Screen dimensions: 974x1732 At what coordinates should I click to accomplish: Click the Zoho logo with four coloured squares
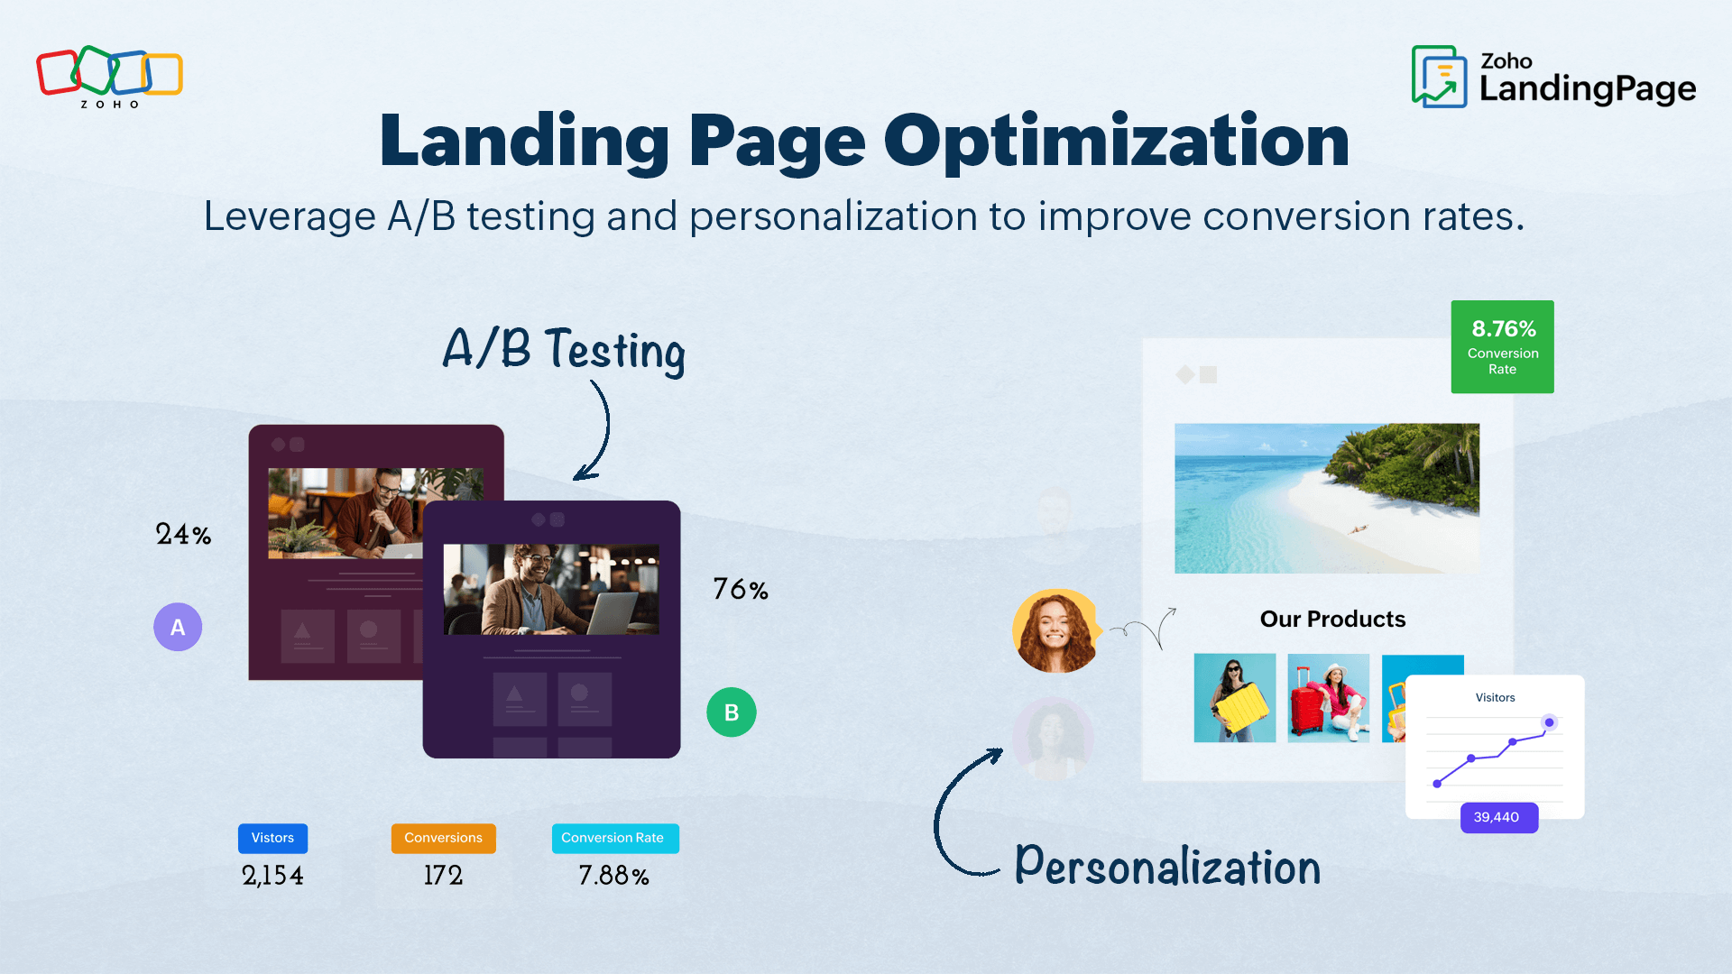(x=109, y=73)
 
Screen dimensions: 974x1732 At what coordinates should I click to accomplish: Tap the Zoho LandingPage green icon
(x=1439, y=77)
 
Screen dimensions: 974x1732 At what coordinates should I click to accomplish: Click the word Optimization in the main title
(x=1116, y=142)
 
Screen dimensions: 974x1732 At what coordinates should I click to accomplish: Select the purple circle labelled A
(x=178, y=627)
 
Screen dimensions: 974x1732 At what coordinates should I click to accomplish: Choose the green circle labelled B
(x=731, y=712)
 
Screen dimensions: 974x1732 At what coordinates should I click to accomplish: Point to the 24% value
(x=183, y=534)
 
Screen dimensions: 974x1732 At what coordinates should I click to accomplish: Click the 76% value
(x=740, y=589)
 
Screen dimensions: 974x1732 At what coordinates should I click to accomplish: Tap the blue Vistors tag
(x=272, y=838)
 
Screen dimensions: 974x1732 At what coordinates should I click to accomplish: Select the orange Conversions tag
(x=443, y=838)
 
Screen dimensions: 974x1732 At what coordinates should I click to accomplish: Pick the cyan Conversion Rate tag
(x=614, y=838)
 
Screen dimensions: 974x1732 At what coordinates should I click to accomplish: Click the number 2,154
(x=272, y=875)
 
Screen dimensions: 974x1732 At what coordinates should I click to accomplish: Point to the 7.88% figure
(x=613, y=875)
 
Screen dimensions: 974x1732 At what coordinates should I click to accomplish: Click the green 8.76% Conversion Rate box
(x=1502, y=346)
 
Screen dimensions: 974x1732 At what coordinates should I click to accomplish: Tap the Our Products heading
(x=1332, y=619)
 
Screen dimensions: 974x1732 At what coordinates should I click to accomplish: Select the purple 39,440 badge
(x=1497, y=817)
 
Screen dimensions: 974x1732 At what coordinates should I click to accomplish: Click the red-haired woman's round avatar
(x=1055, y=630)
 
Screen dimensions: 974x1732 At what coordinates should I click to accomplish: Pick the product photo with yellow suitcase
(x=1234, y=698)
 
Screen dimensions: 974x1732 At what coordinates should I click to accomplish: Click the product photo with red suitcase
(x=1328, y=698)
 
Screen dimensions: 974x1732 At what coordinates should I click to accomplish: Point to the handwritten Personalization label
(x=1167, y=866)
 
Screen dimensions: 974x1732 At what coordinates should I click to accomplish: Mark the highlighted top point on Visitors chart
(x=1549, y=722)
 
